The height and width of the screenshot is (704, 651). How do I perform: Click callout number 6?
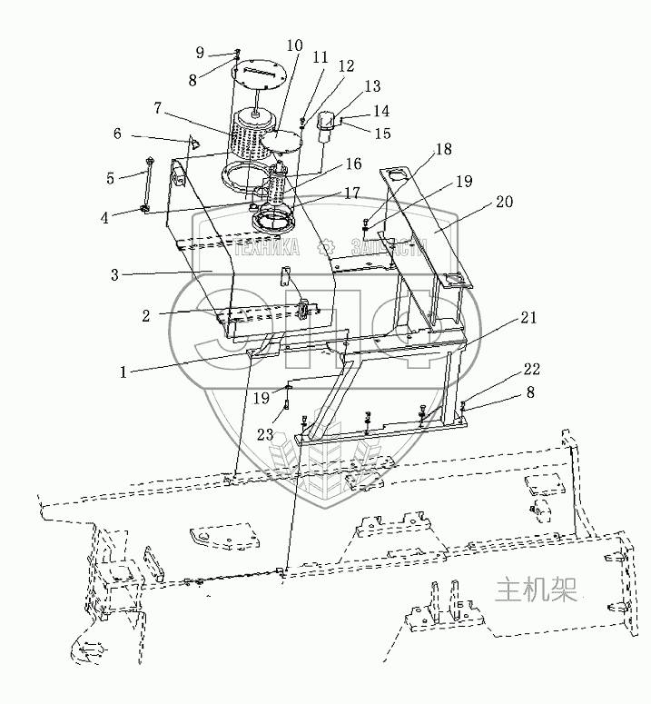point(117,134)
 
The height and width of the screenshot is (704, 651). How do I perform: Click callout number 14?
point(382,111)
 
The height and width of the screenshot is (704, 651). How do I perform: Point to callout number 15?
point(382,133)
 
